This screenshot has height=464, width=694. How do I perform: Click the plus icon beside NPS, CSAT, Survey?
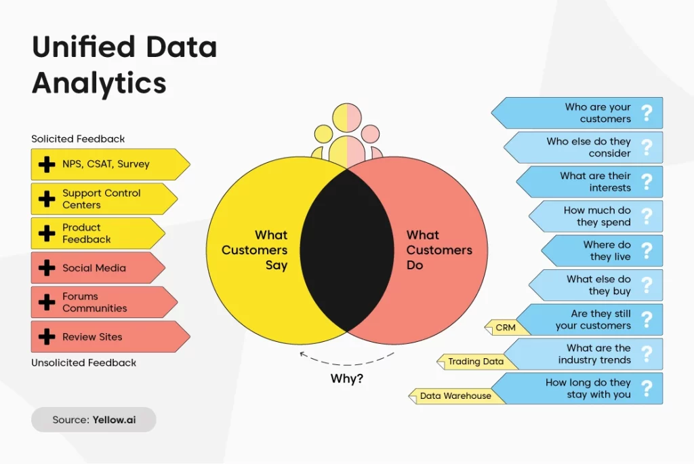47,164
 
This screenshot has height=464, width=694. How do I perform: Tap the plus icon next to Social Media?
47,268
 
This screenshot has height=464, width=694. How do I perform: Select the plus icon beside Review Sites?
47,337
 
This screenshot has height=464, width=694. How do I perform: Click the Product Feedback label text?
86,233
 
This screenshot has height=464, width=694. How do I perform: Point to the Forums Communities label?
94,303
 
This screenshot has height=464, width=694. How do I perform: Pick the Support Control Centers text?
102,199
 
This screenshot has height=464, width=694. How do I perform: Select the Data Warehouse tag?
456,395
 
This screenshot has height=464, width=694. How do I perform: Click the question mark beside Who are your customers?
647,113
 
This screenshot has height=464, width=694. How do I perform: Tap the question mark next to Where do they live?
647,251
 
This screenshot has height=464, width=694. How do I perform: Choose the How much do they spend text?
597,216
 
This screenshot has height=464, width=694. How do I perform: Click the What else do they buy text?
598,285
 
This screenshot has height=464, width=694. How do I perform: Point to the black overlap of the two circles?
347,250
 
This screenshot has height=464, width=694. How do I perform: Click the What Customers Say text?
255,250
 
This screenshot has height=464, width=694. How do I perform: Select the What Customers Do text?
439,250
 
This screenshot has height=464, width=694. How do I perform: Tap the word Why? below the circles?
346,379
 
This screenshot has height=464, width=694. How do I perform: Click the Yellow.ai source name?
114,420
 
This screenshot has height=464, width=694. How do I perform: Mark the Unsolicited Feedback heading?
83,362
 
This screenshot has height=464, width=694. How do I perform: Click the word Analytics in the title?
99,83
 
